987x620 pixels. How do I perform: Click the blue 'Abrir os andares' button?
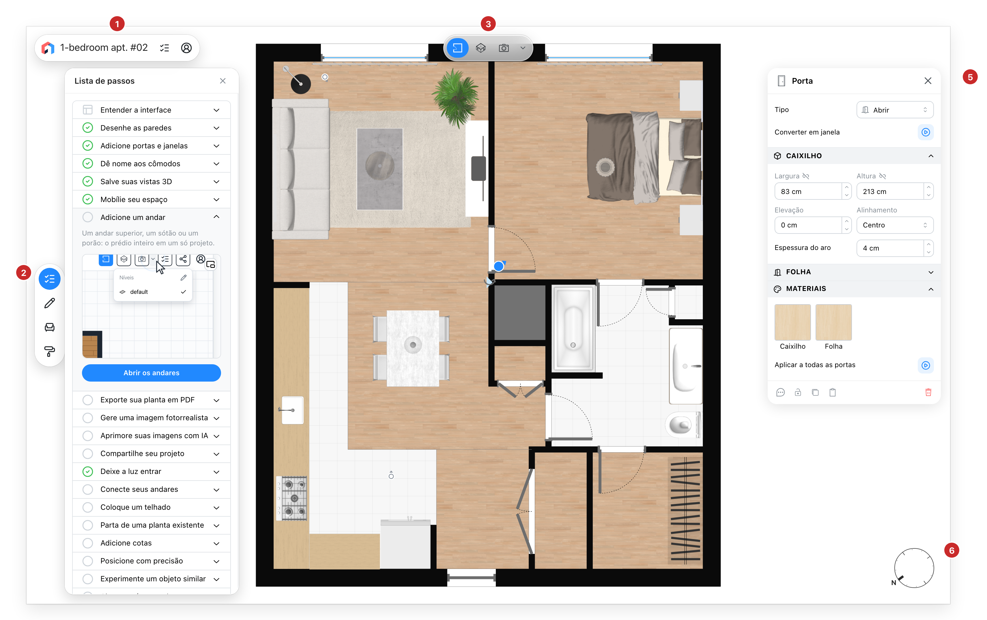(151, 373)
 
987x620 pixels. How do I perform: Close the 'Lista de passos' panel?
(223, 81)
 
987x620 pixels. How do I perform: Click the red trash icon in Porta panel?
(928, 393)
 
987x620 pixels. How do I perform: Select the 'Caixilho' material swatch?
(792, 322)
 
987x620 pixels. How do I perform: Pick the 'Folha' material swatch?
(833, 322)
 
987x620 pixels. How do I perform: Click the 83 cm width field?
(808, 191)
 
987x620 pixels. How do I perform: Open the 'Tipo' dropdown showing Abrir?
(895, 110)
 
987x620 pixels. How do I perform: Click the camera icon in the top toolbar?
(504, 48)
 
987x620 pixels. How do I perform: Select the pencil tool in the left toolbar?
(50, 303)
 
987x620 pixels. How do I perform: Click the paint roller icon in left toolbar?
(50, 351)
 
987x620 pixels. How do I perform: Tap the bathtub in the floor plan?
(573, 328)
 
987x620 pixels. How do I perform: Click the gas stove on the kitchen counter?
(291, 498)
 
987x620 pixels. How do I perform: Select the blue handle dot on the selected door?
(498, 266)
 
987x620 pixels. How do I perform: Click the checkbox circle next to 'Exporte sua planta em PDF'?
(88, 400)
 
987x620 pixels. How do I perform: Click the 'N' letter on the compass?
(893, 583)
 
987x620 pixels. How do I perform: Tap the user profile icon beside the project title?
(186, 48)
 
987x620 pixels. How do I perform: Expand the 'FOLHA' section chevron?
(931, 272)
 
